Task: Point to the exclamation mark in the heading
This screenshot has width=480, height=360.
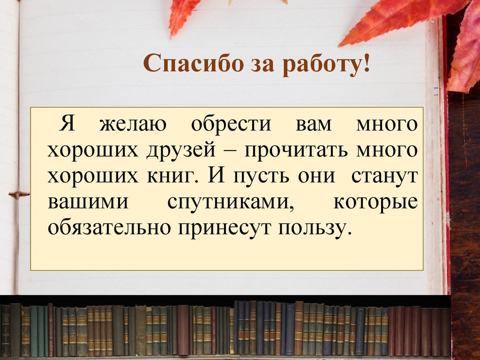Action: point(365,63)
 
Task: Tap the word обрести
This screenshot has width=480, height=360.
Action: point(231,125)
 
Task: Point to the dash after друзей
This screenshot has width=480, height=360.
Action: point(230,151)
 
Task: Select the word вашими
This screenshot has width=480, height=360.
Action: point(88,202)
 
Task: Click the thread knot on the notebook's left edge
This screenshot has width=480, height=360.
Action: point(18,194)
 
